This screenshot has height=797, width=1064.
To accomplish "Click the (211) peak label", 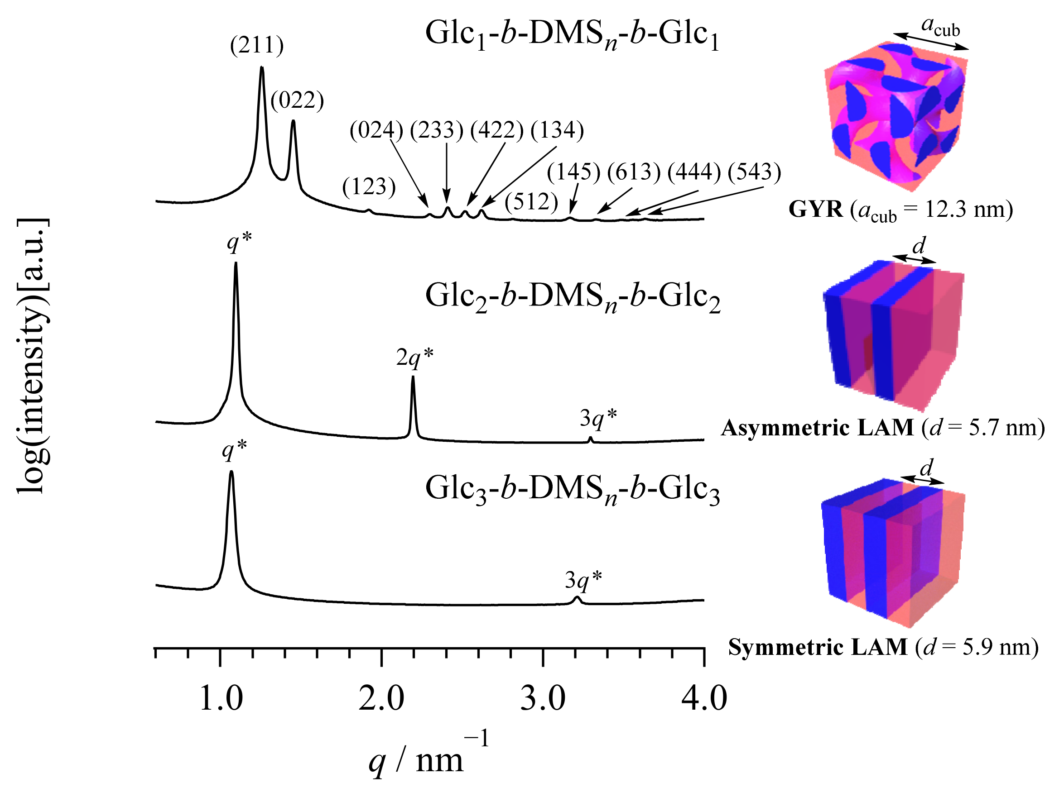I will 257,46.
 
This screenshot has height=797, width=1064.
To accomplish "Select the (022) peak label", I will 297,100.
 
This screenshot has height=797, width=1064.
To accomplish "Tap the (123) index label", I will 369,186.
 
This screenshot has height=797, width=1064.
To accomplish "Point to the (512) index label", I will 531,201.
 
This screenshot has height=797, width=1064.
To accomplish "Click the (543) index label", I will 754,172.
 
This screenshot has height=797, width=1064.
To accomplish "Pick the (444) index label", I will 693,172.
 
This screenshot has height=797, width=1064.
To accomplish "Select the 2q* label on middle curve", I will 414,357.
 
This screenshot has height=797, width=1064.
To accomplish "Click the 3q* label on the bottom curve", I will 583,580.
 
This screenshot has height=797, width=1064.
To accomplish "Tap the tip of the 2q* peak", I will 413,377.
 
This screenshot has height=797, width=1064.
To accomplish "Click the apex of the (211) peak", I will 262,67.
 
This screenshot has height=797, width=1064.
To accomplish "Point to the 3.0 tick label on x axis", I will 543,699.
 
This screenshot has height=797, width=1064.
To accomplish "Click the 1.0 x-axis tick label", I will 221,699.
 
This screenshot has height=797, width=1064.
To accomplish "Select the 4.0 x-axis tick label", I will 704,699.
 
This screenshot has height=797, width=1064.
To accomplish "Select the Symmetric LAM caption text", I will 883,648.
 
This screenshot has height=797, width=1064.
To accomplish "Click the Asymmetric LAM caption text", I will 882,428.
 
